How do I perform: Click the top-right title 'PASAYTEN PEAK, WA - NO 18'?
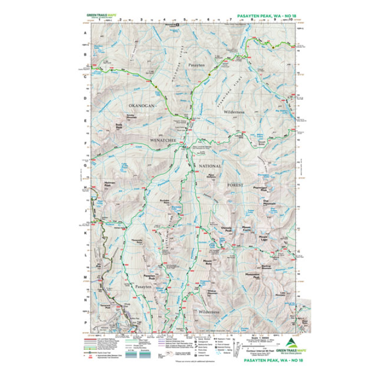(267, 17)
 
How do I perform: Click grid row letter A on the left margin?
(84, 33)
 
